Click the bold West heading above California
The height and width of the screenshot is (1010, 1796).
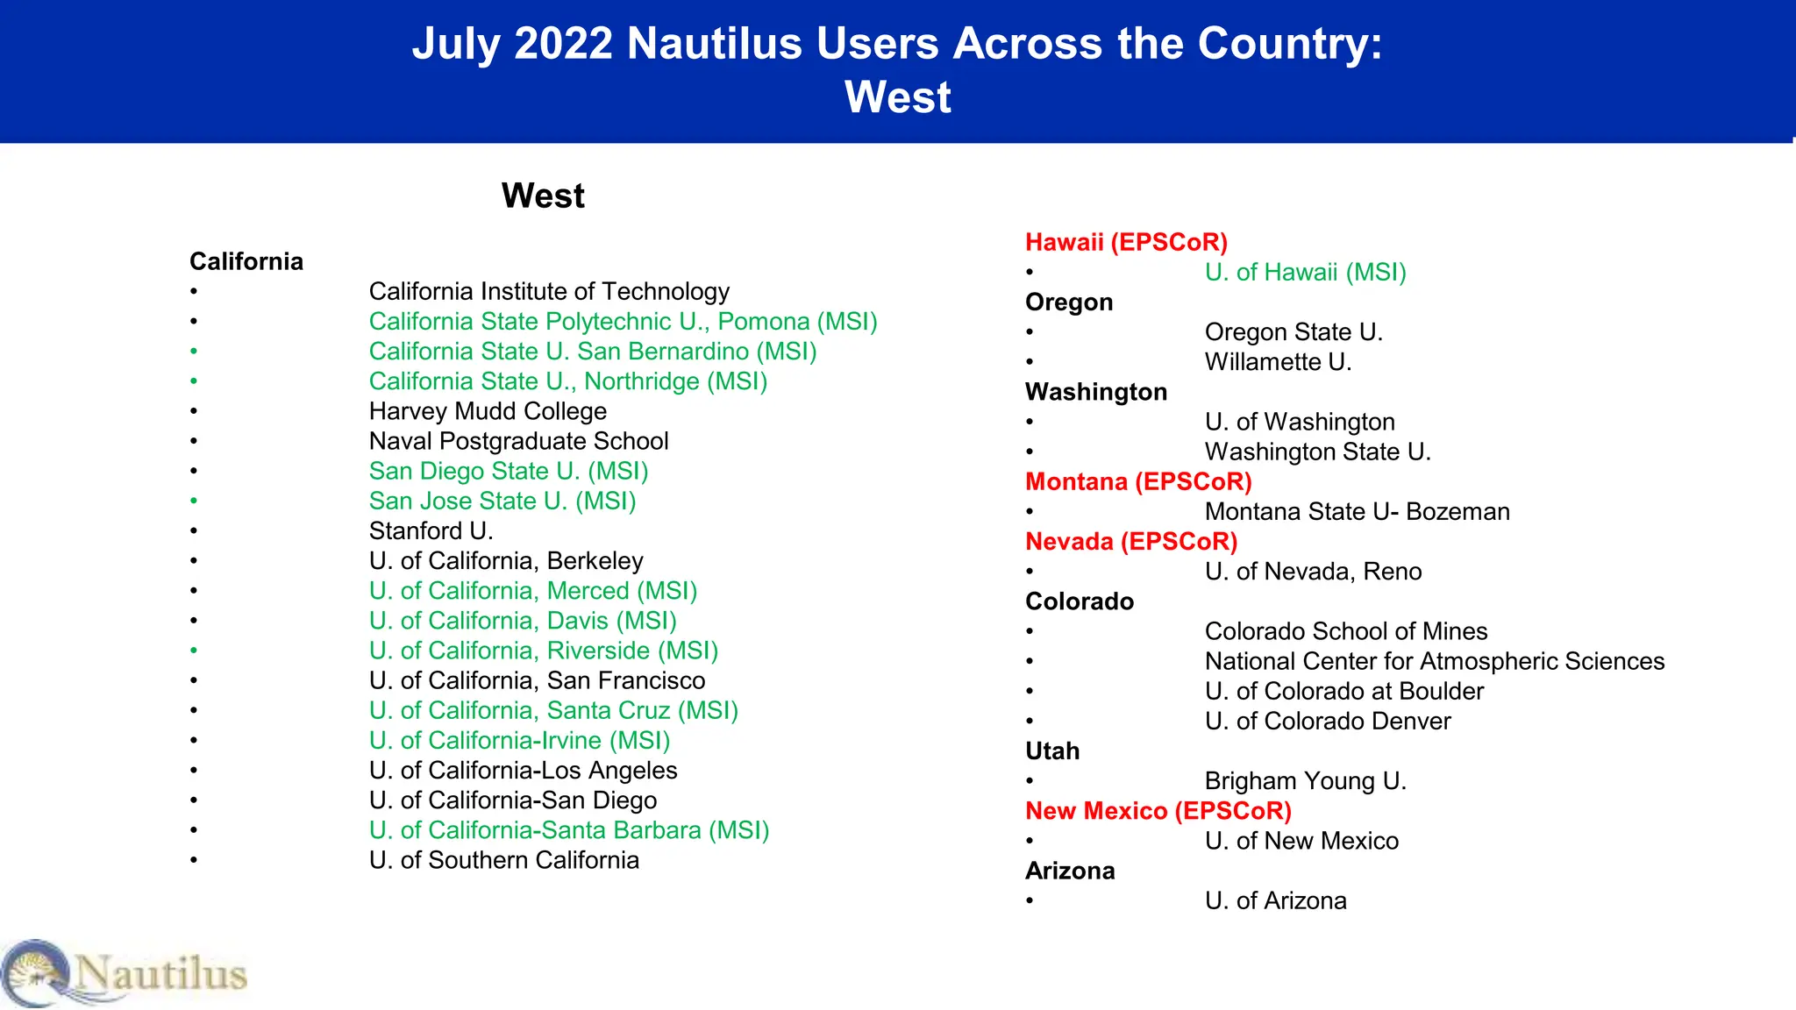543,196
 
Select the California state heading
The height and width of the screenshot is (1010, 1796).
246,261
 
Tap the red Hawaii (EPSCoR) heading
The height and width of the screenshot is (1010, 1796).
1126,242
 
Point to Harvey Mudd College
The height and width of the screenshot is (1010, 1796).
488,411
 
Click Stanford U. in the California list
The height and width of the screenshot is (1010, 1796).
431,530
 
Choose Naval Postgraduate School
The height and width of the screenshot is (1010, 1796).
518,441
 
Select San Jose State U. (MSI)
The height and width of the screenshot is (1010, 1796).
502,501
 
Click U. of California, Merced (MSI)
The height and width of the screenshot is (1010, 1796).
532,591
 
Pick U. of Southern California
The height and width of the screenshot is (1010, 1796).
503,860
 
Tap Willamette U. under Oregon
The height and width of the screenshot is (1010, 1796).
1278,362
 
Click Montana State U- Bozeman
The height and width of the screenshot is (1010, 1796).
1357,512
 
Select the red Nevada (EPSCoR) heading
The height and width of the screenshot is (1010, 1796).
1131,542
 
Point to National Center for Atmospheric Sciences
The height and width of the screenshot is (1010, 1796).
1434,661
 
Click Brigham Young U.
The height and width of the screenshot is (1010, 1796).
1305,781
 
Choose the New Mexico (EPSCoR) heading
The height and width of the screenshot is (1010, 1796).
1158,811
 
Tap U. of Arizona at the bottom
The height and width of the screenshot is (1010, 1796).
1275,900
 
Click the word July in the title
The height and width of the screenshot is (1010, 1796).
456,44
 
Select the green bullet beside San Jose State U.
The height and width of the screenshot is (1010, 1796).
194,501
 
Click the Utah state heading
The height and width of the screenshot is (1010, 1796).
1052,751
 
